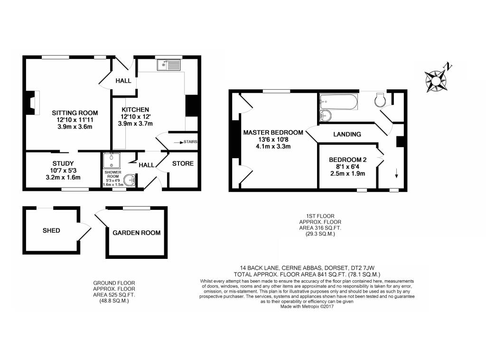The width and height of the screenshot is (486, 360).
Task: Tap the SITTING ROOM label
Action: pos(75,113)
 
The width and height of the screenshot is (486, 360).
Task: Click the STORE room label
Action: pos(183,164)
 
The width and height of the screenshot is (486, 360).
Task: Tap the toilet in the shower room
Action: pos(129,180)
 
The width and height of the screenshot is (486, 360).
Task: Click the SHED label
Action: pos(51,231)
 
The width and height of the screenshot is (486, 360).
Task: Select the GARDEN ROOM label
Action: pos(136,233)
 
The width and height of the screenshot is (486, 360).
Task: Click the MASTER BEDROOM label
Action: pos(273,133)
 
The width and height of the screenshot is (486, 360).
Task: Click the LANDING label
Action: pos(347,134)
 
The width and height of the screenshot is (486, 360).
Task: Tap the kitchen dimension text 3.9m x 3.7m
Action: pos(135,124)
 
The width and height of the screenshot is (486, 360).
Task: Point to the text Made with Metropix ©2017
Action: pos(307,307)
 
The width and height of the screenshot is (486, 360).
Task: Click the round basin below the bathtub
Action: pos(326,115)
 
